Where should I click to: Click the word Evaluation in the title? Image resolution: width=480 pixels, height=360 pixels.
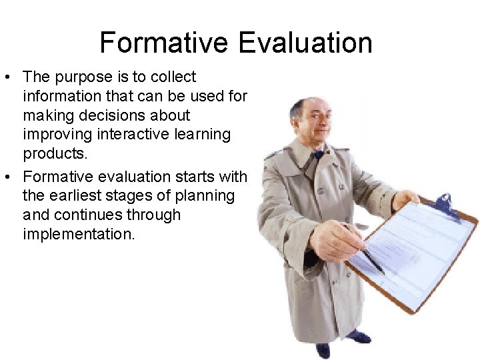pyautogui.click(x=305, y=43)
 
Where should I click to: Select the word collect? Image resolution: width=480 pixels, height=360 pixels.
pyautogui.click(x=173, y=77)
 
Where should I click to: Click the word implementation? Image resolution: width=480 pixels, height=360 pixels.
pyautogui.click(x=79, y=235)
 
